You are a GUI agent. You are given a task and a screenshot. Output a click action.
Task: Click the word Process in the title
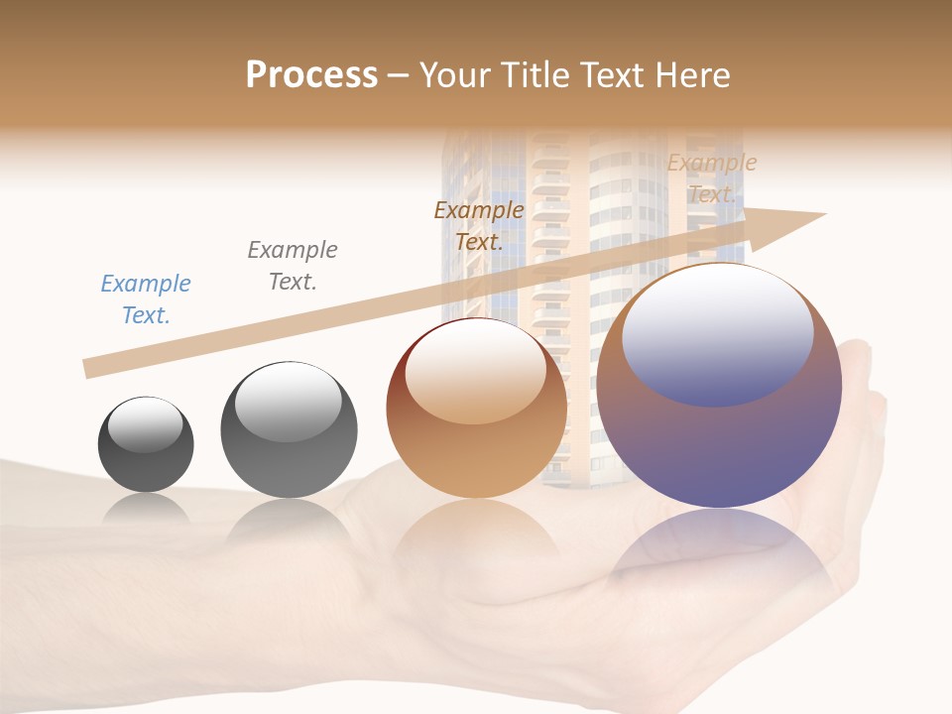coord(311,75)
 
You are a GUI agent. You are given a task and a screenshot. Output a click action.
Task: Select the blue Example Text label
coord(146,299)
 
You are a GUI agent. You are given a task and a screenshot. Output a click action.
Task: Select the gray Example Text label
coord(293,266)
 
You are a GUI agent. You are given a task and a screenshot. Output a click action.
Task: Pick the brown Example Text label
coord(479,226)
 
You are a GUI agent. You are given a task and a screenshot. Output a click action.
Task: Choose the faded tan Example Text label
coord(712,178)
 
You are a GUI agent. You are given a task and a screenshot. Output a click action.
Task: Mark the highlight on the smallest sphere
coord(145,424)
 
